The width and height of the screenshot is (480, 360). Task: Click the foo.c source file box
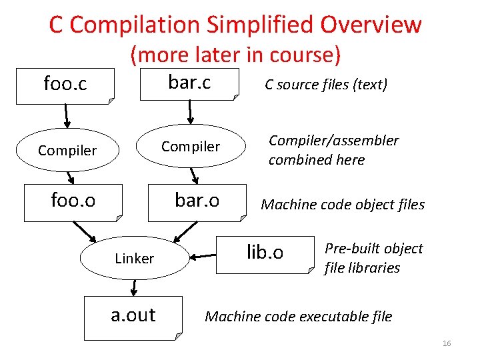point(65,85)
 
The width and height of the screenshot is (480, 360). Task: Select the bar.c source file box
point(189,83)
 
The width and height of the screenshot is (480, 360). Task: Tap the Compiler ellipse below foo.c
point(67,151)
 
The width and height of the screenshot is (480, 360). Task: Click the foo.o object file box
point(73,201)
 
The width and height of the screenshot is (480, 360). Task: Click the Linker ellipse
point(135,258)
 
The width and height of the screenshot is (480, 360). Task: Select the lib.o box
point(265,253)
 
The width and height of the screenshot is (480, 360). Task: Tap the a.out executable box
point(133,315)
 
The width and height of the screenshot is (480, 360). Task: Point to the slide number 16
point(446,343)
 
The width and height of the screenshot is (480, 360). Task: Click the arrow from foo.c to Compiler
point(67,116)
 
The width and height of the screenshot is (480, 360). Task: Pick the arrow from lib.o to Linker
point(204,255)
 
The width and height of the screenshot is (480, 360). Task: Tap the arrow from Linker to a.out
point(134,287)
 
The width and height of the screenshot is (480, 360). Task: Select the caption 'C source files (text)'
point(326,85)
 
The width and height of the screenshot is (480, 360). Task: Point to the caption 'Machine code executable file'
point(298,317)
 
